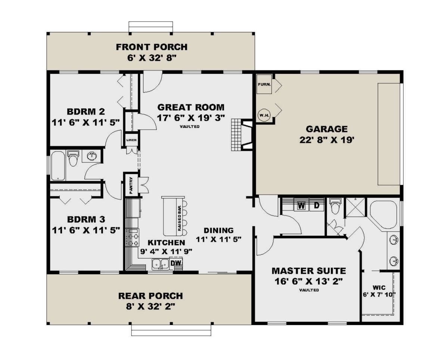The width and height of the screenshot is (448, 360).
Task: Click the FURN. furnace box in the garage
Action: [x=264, y=84]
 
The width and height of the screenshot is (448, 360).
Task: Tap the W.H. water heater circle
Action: [x=264, y=115]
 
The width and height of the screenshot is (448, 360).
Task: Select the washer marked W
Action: [x=301, y=206]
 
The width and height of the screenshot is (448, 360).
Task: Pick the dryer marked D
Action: [x=317, y=206]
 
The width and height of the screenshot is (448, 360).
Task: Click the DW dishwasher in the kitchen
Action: [x=176, y=263]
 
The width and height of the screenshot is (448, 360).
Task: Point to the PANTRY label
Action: [x=131, y=185]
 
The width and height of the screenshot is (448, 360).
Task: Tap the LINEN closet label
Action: [x=131, y=140]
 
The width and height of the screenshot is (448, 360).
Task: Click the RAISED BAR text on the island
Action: [x=180, y=218]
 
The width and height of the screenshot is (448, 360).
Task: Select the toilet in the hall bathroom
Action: [x=73, y=158]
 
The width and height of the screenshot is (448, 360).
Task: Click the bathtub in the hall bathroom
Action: [x=58, y=166]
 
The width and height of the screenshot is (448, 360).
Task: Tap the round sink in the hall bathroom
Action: [x=91, y=156]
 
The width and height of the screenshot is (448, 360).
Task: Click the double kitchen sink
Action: [x=160, y=264]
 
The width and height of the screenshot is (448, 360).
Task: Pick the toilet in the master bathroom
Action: [x=335, y=206]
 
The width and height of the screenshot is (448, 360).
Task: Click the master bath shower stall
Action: [x=355, y=207]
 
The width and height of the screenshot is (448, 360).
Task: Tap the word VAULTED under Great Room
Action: [x=190, y=126]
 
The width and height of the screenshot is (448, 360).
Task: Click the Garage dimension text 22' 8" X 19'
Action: [x=327, y=140]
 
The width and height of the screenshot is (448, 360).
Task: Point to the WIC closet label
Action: [x=379, y=288]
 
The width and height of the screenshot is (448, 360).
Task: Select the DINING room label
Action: [x=219, y=230]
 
